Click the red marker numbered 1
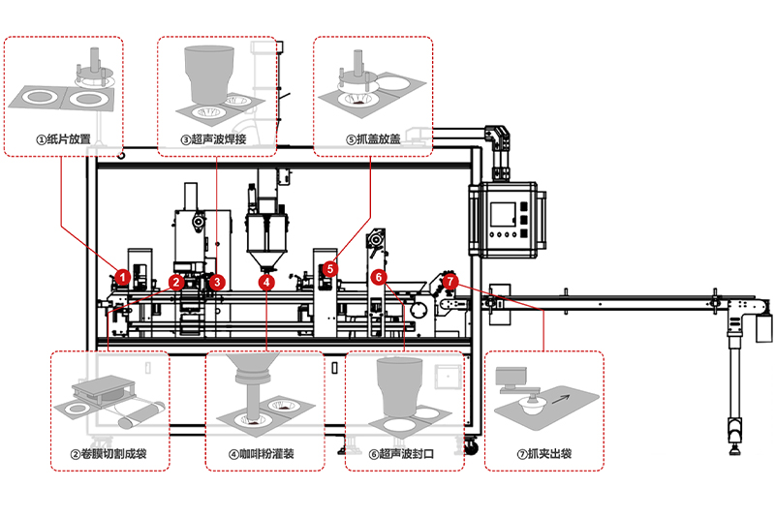[122, 276]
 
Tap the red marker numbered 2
[176, 282]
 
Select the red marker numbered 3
[218, 282]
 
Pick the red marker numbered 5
[330, 268]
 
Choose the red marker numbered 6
[380, 277]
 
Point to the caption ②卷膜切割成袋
[108, 453]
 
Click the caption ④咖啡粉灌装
[263, 453]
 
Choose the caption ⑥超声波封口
[402, 453]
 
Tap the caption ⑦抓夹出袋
[543, 453]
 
